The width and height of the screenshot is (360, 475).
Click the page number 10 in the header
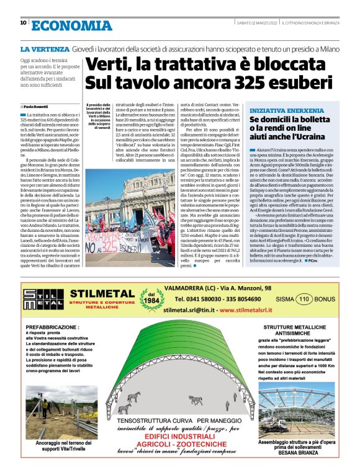[x=23, y=23]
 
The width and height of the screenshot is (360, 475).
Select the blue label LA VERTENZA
[x=45, y=48]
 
